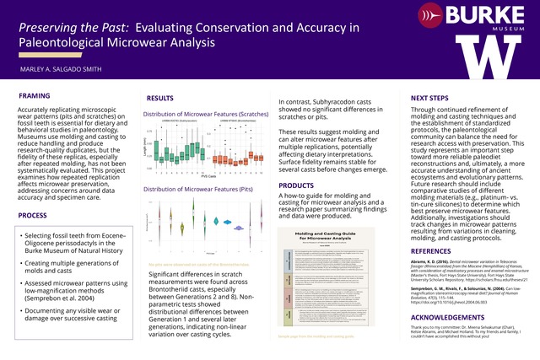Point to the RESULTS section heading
click(160, 99)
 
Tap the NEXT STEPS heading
click(422, 98)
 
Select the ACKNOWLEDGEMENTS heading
click(442, 320)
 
